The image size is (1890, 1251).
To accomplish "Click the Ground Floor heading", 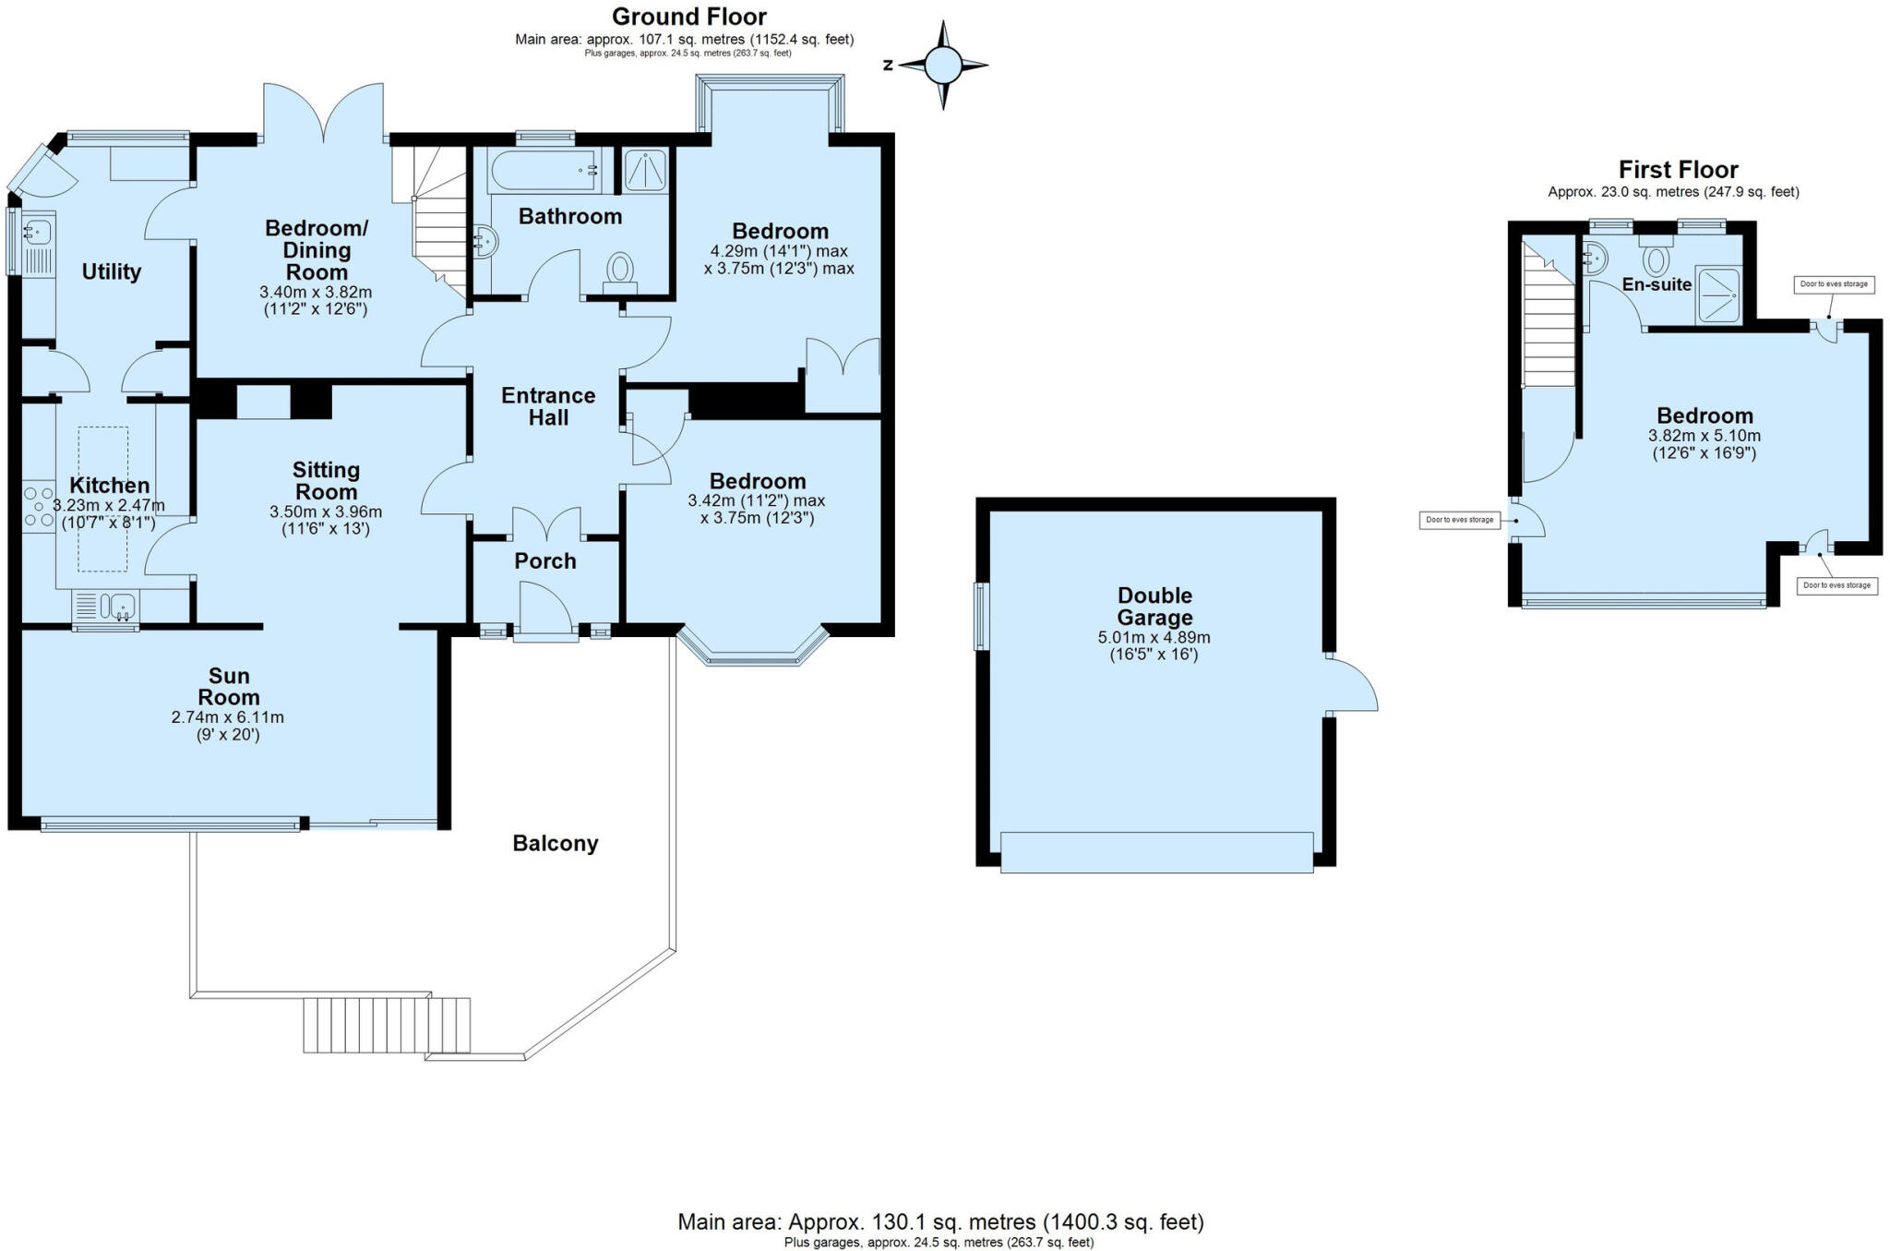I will tap(688, 17).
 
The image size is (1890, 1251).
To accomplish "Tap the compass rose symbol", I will tap(942, 66).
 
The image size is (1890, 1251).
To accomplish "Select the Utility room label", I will tap(111, 271).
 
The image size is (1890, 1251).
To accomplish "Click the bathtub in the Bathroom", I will tap(544, 171).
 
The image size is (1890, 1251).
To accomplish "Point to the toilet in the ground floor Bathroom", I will tap(619, 271).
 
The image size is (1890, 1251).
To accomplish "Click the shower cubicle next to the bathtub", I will tap(645, 171).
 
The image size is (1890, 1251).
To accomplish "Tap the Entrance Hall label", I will tap(547, 406).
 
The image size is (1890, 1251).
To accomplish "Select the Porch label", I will tap(544, 561).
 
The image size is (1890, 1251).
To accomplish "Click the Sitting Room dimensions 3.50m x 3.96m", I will tap(325, 511).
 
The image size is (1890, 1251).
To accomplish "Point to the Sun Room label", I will tap(228, 687).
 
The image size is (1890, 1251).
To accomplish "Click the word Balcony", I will tap(555, 843).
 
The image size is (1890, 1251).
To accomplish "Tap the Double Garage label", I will tap(1154, 607).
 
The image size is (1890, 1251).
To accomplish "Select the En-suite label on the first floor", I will tap(1657, 284).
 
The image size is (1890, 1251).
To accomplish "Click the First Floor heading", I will tap(1678, 170).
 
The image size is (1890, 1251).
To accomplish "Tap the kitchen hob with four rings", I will tap(39, 507).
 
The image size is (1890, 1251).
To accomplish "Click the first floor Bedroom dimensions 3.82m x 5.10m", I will tap(1704, 436).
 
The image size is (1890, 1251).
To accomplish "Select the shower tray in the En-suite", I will tap(1717, 295).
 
